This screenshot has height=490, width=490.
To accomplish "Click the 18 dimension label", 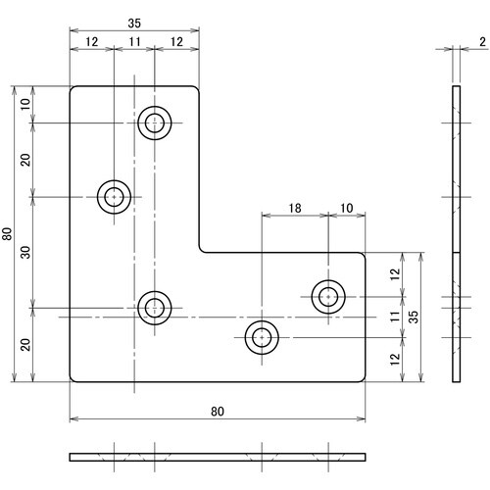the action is tap(295, 208).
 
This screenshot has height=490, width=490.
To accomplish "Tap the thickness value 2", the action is tap(482, 42).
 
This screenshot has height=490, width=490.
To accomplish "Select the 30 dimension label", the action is tap(25, 252).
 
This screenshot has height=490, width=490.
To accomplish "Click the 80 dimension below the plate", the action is tap(218, 412).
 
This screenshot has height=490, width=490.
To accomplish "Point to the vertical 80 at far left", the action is tap(7, 233).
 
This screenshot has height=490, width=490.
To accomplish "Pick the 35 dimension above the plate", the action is tap(134, 24).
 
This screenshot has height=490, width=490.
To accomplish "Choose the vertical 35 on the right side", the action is tap(414, 317).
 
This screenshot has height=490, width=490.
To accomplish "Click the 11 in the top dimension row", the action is tap(134, 42).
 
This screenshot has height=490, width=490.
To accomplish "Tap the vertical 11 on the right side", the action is tap(395, 317).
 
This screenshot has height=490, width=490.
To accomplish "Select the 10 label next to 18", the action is tap(347, 208).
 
